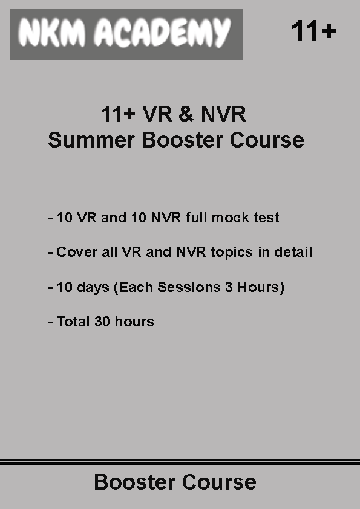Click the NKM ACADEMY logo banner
tap(126, 34)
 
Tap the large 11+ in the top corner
tap(314, 31)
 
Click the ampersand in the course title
tap(186, 114)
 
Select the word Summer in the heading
tap(91, 140)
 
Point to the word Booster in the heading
tap(182, 140)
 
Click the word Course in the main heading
tap(267, 140)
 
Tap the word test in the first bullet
tap(266, 218)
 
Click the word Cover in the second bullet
tap(77, 252)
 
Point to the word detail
tap(293, 252)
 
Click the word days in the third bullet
tap(93, 288)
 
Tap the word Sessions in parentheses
tap(189, 287)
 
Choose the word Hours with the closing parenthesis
tap(261, 287)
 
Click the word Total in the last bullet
tap(73, 322)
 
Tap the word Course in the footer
tap(219, 482)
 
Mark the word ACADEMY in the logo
tap(163, 33)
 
